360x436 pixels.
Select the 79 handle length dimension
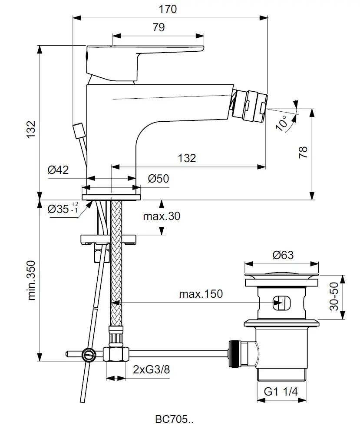pyautogui.click(x=159, y=27)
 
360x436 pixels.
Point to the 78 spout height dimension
pyautogui.click(x=304, y=152)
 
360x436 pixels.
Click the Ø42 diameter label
pyautogui.click(x=58, y=170)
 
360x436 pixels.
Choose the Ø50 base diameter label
pyautogui.click(x=158, y=178)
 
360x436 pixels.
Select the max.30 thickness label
pyautogui.click(x=162, y=216)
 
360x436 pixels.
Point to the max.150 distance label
pyautogui.click(x=201, y=294)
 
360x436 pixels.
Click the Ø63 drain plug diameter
pyautogui.click(x=283, y=255)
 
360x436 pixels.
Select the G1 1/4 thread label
pyautogui.click(x=281, y=392)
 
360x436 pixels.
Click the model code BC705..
pyautogui.click(x=173, y=419)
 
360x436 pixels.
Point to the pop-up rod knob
pyautogui.click(x=79, y=130)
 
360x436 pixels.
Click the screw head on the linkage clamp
pyautogui.click(x=89, y=355)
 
